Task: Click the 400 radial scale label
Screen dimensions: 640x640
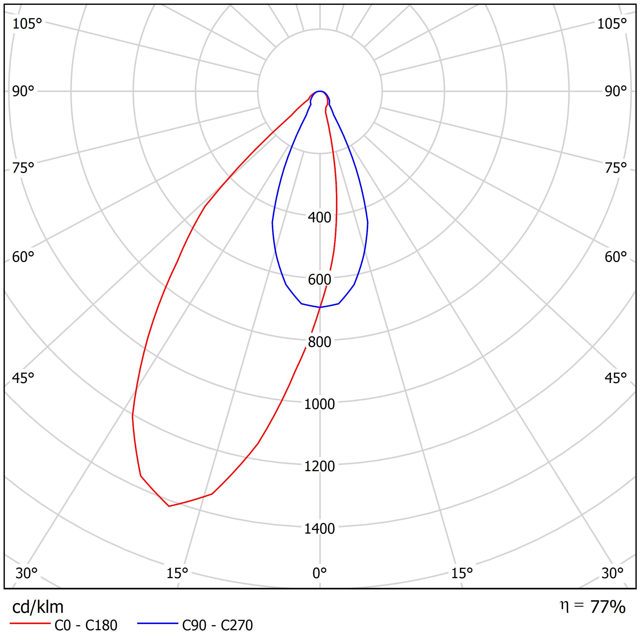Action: [319, 218]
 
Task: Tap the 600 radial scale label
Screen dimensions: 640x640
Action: [319, 280]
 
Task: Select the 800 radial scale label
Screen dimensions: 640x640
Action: [319, 342]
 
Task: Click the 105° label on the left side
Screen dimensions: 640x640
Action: [27, 24]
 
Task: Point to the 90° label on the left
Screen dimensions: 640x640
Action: [23, 92]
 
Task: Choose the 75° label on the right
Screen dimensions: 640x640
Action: [615, 168]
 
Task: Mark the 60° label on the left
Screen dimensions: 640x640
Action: [23, 257]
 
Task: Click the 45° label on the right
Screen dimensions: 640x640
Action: [615, 378]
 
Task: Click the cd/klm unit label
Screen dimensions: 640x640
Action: [38, 607]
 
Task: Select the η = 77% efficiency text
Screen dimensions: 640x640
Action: [593, 606]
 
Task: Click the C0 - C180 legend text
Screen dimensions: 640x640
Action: [86, 625]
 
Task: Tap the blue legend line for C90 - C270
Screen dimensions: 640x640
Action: [158, 623]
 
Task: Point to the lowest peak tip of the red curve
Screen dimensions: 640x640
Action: [169, 506]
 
